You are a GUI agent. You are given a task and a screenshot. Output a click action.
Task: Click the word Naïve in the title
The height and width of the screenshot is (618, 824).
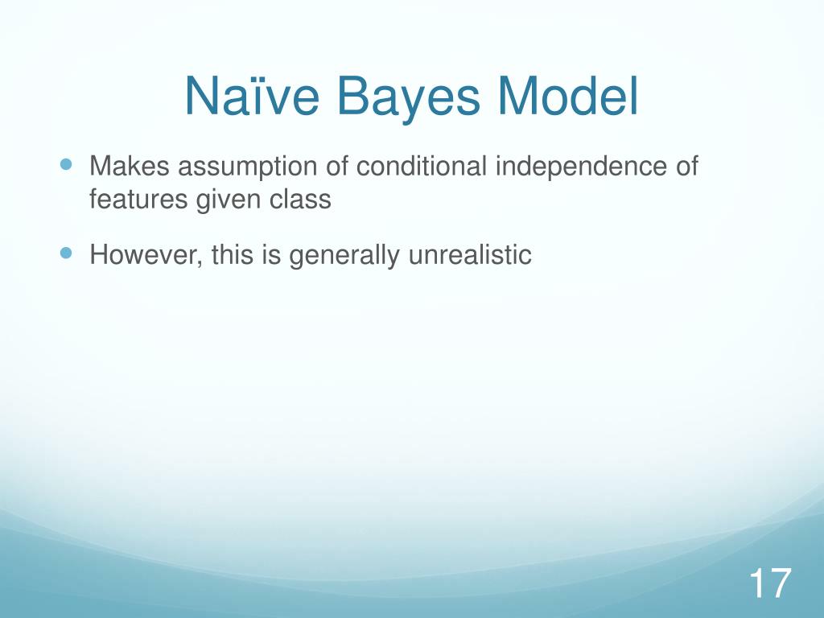(252, 96)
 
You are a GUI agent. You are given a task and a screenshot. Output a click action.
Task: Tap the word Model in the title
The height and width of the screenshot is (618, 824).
(567, 96)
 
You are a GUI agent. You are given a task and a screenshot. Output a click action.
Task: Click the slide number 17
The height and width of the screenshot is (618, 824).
(770, 583)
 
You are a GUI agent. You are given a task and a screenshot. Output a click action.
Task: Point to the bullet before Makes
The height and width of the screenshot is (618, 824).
(66, 164)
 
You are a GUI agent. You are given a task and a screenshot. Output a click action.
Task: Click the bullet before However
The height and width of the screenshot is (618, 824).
(66, 253)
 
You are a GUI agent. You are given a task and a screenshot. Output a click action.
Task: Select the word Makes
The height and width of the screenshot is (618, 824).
(130, 166)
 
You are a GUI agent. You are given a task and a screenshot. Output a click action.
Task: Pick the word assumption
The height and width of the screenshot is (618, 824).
(248, 168)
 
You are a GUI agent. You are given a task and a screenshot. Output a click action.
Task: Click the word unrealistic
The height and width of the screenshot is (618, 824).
(470, 254)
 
